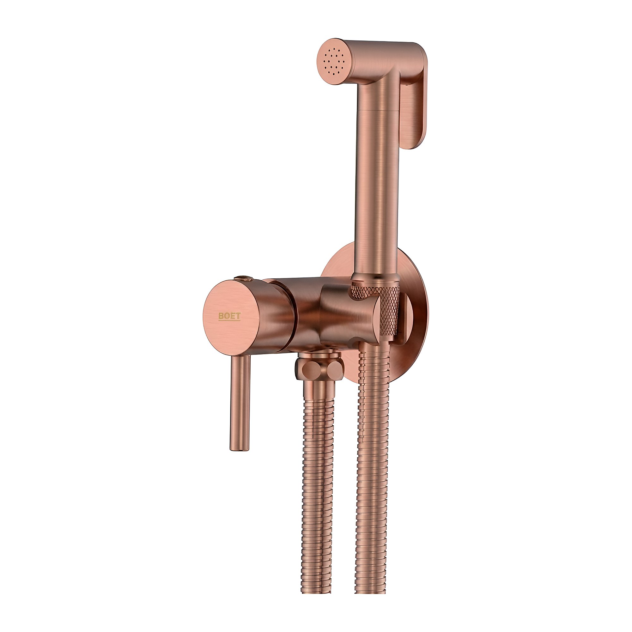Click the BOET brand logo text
click(x=229, y=316)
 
